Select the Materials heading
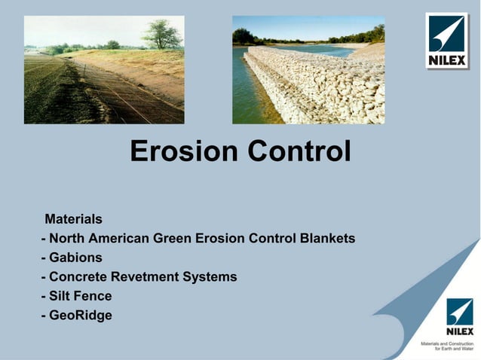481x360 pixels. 73,219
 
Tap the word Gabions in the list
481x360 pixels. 75,258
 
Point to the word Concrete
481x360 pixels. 78,277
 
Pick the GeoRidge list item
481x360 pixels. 80,316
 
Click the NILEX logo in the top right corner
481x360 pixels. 446,41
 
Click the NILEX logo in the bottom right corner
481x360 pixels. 459,317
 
